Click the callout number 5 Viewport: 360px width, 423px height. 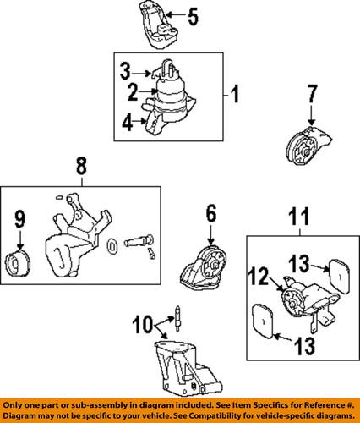(x=193, y=16)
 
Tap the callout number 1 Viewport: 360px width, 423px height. (x=234, y=94)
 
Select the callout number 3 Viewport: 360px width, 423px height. (x=125, y=71)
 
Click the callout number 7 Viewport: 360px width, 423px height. (x=312, y=93)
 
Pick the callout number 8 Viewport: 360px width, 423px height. (x=81, y=166)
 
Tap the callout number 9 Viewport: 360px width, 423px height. (x=19, y=219)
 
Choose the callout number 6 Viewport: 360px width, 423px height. (x=211, y=213)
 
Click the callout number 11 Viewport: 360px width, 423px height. (x=299, y=217)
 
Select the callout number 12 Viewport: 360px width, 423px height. (x=259, y=276)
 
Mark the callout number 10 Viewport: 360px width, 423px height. (x=144, y=324)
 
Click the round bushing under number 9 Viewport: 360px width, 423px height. (x=18, y=263)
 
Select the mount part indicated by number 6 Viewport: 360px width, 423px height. (x=205, y=267)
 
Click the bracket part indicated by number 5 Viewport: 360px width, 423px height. (x=159, y=27)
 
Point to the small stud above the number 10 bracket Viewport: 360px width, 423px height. (x=178, y=318)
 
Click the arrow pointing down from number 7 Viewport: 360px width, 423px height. (x=311, y=115)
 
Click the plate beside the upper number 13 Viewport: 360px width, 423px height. (x=339, y=276)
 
